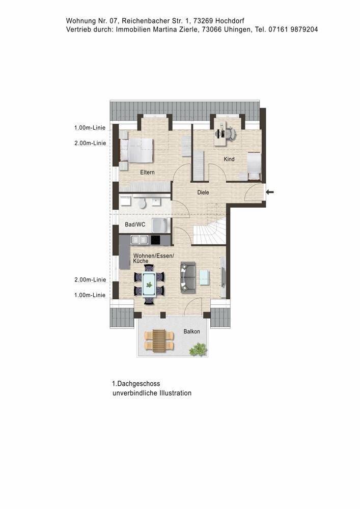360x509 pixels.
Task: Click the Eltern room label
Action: (x=147, y=173)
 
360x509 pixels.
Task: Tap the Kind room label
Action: (x=229, y=159)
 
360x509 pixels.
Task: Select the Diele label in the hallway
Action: (x=204, y=192)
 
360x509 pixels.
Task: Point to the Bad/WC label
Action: (x=134, y=224)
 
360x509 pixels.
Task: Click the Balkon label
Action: (x=192, y=332)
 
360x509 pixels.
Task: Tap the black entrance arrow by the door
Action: (x=270, y=192)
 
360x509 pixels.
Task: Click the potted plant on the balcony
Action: (x=198, y=349)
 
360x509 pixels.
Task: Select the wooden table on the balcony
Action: (x=159, y=341)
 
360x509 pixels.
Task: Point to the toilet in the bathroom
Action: (x=143, y=204)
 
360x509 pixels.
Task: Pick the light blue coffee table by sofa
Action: (x=204, y=277)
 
